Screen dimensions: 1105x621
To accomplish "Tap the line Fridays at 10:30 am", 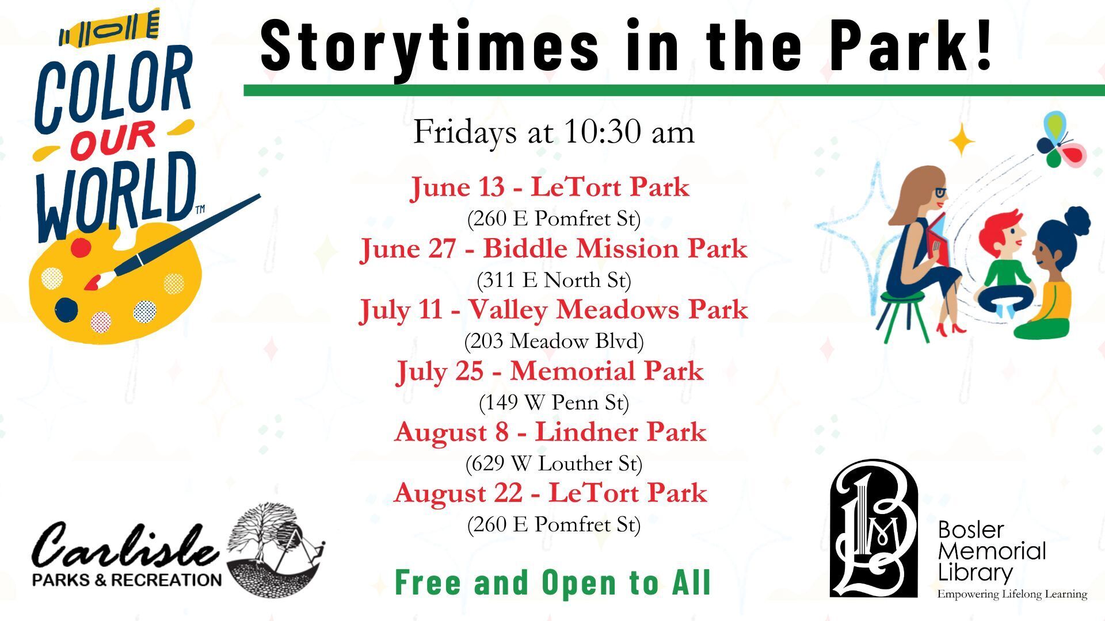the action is click(554, 132).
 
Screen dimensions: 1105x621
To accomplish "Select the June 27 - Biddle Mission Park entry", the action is click(554, 249).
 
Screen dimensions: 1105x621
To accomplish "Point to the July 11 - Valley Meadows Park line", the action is click(554, 310).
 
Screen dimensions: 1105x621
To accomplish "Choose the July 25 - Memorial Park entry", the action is click(550, 371).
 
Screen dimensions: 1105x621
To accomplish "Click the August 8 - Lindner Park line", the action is click(550, 432).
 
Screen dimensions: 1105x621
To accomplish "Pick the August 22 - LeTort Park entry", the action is click(550, 493).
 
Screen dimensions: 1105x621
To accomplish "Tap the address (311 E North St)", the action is click(554, 281).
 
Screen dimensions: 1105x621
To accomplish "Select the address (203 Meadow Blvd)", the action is click(554, 342).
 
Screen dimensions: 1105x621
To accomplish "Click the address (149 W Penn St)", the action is click(554, 402).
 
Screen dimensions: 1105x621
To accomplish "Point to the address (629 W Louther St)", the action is click(554, 463).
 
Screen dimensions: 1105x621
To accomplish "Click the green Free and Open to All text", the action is click(553, 582).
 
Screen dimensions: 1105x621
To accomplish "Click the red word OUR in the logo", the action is click(113, 140).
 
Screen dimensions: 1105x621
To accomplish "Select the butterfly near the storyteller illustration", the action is click(1061, 140).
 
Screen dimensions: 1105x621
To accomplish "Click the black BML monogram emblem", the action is click(874, 528).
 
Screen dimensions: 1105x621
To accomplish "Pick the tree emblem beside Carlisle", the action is click(275, 549).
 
